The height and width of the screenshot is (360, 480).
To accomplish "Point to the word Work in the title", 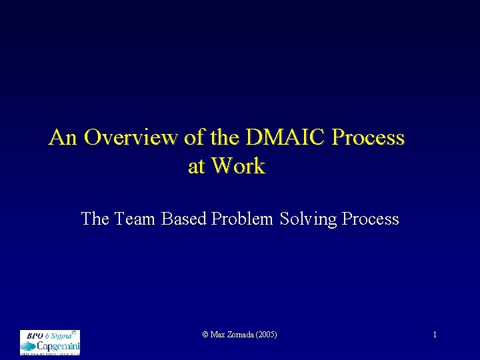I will pyautogui.click(x=237, y=166).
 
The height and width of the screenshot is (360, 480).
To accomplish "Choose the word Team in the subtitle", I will pyautogui.click(x=137, y=219).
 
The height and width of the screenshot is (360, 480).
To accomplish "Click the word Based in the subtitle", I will pyautogui.click(x=184, y=219).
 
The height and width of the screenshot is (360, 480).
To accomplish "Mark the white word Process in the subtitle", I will pyautogui.click(x=371, y=219).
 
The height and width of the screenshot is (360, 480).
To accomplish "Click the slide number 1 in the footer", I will pyautogui.click(x=435, y=334).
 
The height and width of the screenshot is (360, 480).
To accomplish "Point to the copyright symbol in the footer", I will pyautogui.click(x=205, y=334).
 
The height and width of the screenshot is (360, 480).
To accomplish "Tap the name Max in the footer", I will pyautogui.click(x=217, y=334).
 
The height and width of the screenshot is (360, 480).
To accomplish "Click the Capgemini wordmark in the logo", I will pyautogui.click(x=58, y=347).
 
